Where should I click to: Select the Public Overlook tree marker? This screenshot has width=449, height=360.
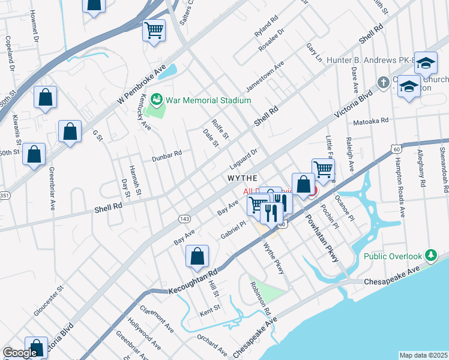pos(430,256)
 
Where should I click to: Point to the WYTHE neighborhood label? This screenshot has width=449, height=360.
pos(242,178)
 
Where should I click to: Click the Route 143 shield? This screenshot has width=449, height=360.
pos(185,219)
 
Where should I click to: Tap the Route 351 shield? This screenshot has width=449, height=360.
pos(5,196)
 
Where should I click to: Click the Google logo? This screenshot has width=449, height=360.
pos(20,353)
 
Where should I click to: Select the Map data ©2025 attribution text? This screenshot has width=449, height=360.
pos(423,355)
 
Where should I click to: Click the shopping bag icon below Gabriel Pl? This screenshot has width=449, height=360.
pos(197,256)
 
